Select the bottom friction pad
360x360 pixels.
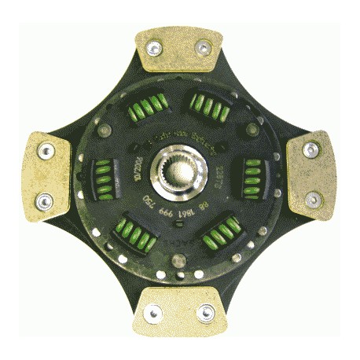click(180, 309)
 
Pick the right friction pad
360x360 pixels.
click(312, 174)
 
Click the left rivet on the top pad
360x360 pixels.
click(155, 48)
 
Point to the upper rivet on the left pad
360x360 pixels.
click(43, 149)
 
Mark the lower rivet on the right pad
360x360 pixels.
click(313, 199)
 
